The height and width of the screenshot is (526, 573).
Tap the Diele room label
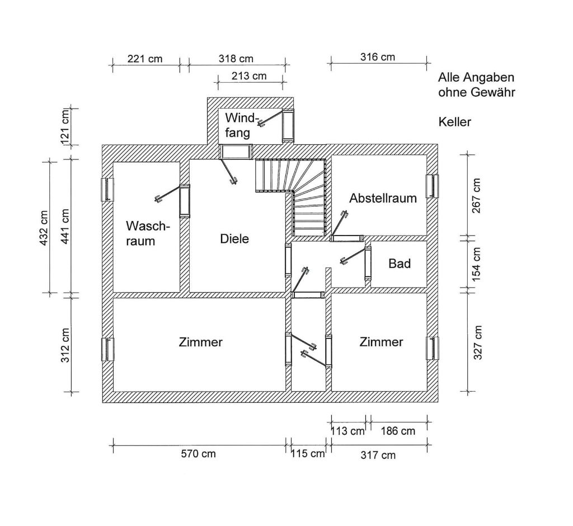[x=234, y=238]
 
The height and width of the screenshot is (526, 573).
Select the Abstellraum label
[x=383, y=198]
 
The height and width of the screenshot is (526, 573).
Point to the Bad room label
[x=400, y=263]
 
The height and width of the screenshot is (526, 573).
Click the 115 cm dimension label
[x=307, y=453]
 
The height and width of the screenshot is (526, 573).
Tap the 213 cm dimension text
[x=248, y=76]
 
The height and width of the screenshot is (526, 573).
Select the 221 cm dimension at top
[x=145, y=58]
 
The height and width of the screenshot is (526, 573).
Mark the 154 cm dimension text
[x=476, y=264]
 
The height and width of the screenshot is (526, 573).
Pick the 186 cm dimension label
[x=398, y=431]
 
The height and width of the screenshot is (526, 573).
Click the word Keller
[x=454, y=122]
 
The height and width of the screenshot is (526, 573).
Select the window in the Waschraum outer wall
[x=106, y=189]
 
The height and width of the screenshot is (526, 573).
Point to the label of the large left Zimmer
[x=201, y=342]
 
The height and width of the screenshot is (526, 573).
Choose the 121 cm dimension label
[x=65, y=126]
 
